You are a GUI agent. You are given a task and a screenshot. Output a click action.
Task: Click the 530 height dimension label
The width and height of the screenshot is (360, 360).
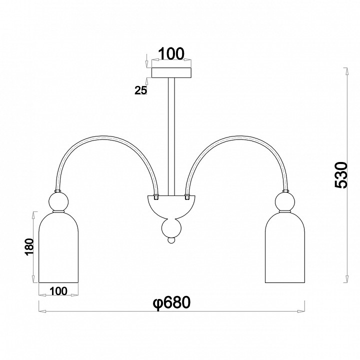tap(341, 175)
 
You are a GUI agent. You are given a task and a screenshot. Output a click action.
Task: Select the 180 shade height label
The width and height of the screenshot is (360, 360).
tap(29, 247)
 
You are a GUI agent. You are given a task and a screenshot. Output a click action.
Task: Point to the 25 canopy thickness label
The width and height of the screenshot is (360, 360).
tap(140, 90)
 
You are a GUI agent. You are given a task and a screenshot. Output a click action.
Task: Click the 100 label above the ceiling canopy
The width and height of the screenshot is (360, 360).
tap(171, 53)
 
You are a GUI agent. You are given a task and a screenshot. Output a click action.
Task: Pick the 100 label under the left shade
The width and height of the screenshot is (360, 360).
tap(58, 291)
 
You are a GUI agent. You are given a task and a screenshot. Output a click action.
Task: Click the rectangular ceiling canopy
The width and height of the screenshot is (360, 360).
tap(171, 72)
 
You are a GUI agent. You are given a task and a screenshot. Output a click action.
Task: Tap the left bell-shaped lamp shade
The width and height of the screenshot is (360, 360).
tap(59, 247)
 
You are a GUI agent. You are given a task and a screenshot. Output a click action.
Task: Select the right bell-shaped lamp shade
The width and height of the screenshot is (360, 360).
tap(285, 247)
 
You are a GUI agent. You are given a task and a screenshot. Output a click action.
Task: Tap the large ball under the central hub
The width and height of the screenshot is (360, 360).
tap(171, 228)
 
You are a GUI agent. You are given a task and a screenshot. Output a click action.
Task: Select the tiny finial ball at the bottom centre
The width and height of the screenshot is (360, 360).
tap(171, 240)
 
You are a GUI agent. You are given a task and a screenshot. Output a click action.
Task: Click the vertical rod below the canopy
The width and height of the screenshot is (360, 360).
tap(171, 136)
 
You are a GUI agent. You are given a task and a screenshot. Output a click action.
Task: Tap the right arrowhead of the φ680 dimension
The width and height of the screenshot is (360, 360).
tap(301, 311)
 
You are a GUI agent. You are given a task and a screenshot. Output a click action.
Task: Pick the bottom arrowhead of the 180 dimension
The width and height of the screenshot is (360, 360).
tap(34, 279)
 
